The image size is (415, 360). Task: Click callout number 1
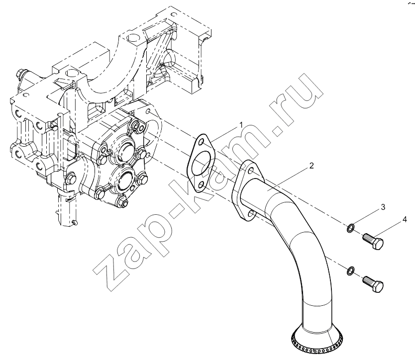click(x=241, y=125)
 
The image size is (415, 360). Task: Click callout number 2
click(x=311, y=166)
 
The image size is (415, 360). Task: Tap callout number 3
click(x=383, y=207)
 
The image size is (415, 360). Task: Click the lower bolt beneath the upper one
click(x=373, y=283)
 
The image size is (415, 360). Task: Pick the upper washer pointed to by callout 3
click(x=350, y=228)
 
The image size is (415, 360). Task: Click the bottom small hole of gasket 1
click(x=202, y=184)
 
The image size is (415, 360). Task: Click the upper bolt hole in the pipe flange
click(x=251, y=171)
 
